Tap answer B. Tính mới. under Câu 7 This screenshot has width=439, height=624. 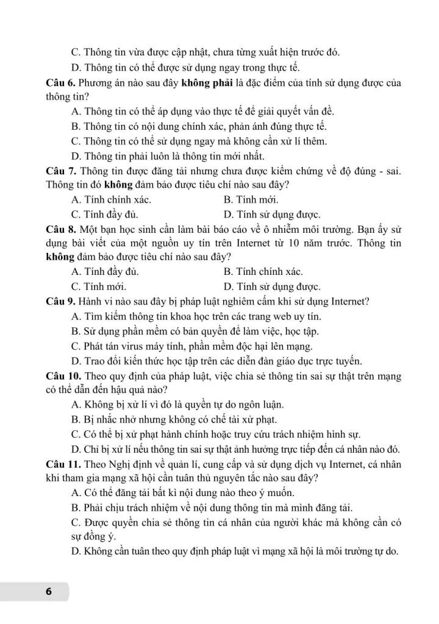251,200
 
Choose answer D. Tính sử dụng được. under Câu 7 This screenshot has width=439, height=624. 272,214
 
